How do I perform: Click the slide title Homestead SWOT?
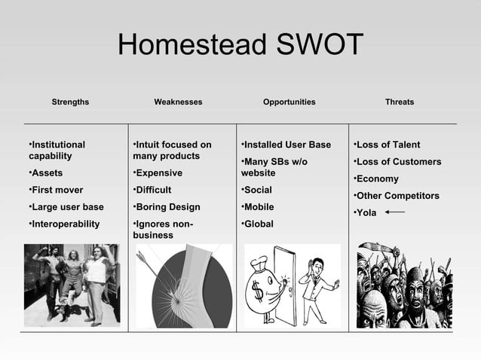(x=240, y=46)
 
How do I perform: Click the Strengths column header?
(x=70, y=102)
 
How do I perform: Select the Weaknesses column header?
(x=178, y=102)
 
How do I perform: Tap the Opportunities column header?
(x=289, y=102)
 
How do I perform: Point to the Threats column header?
(x=399, y=102)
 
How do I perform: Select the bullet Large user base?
(x=66, y=207)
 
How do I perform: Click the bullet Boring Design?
(x=167, y=207)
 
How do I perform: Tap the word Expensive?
(x=160, y=173)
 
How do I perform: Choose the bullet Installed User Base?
(x=288, y=145)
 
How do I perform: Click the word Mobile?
(x=259, y=207)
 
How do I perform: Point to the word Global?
(x=259, y=224)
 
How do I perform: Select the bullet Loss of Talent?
(x=389, y=145)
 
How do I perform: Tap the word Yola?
(x=366, y=212)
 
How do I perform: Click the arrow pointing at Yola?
(x=394, y=212)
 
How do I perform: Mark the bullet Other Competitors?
(x=398, y=196)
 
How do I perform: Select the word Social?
(x=259, y=190)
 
